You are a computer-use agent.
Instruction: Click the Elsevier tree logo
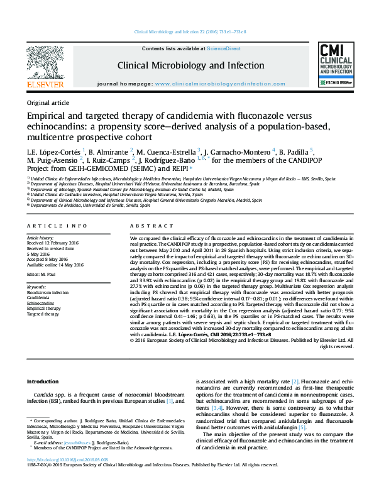[45, 62]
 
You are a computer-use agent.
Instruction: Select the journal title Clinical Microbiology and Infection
[187, 65]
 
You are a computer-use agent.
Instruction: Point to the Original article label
[48, 102]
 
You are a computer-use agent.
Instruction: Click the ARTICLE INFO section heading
[57, 226]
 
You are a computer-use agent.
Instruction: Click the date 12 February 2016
[60, 244]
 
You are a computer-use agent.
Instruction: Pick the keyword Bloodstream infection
[48, 292]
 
